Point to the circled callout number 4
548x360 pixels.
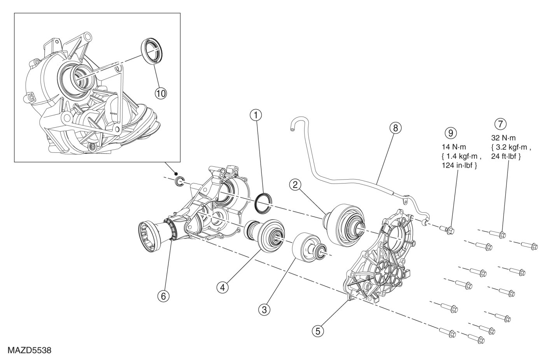point(222,287)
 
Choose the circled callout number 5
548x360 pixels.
point(318,331)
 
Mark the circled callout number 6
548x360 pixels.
point(163,296)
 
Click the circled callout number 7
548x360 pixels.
point(500,124)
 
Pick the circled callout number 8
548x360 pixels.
point(395,128)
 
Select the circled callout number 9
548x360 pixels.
point(451,133)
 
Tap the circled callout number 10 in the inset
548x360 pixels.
point(161,93)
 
